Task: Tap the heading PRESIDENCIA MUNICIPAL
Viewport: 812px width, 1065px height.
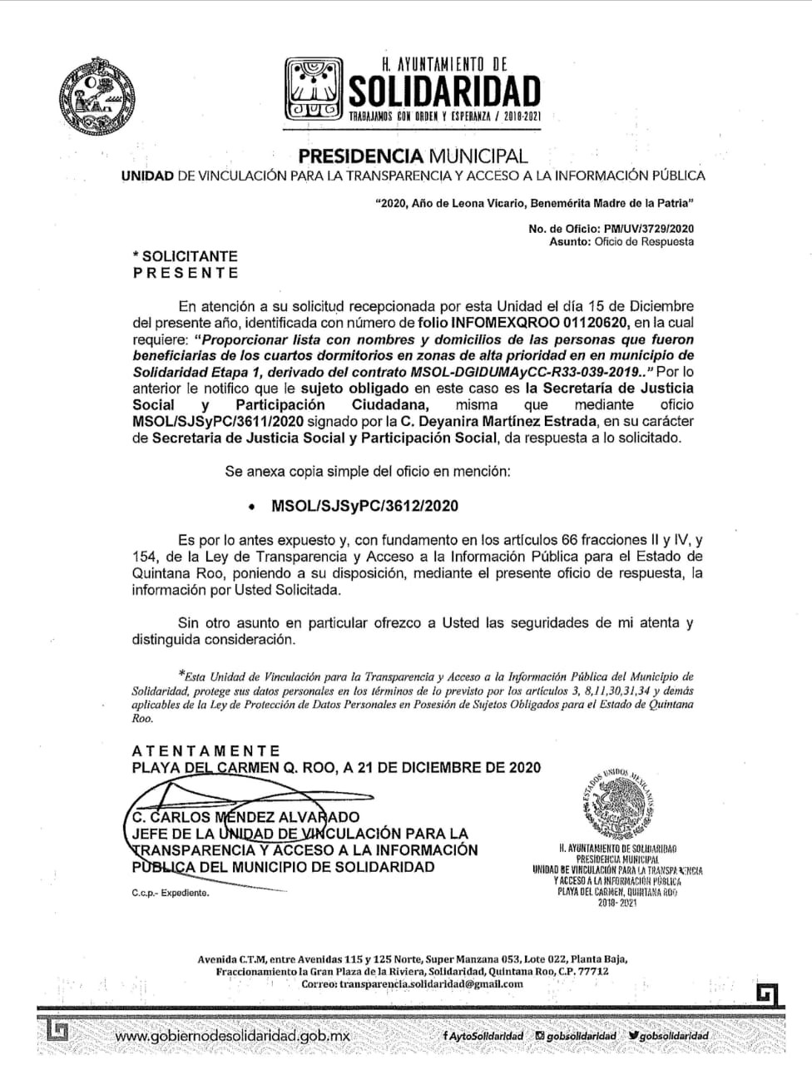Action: [413, 156]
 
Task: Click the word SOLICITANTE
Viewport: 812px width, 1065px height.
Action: [190, 257]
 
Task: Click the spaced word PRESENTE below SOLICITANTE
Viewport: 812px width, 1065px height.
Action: [186, 273]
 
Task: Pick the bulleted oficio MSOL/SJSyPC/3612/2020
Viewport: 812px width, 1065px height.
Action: [365, 506]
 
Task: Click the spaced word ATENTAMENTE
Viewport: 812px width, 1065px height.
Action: [206, 750]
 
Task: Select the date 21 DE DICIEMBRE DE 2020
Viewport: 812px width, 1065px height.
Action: [449, 767]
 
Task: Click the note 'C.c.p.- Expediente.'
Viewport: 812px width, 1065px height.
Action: [170, 893]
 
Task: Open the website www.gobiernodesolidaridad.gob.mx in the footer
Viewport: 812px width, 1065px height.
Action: [232, 1036]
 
